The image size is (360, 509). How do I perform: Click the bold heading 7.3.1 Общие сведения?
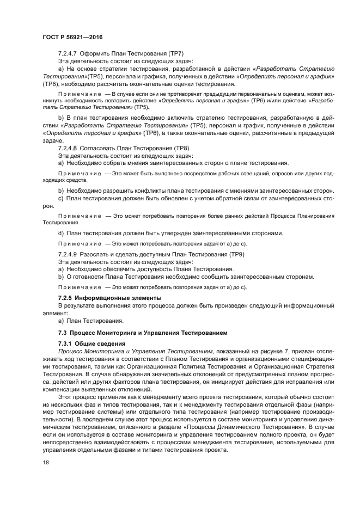[x=91, y=344]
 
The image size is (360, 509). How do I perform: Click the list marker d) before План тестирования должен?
[x=61, y=233]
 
